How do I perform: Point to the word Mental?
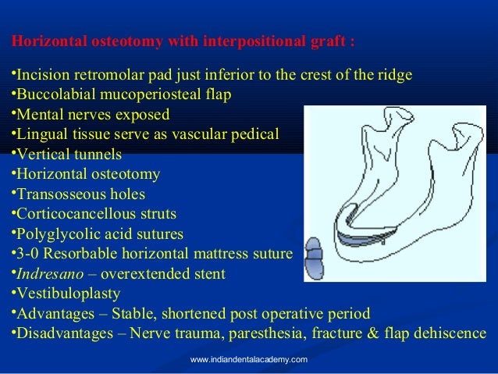[38, 115]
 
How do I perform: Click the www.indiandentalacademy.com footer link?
[249, 359]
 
